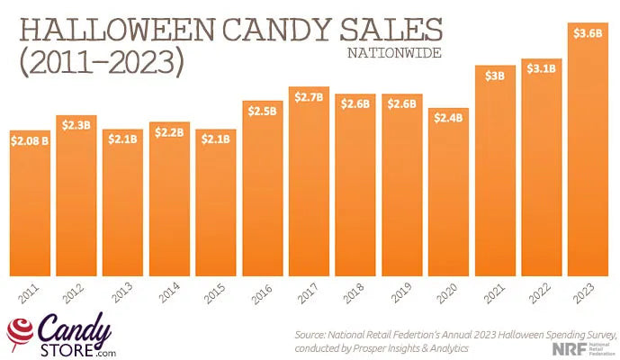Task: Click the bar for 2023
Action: (x=588, y=162)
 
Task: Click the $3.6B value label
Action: (x=588, y=32)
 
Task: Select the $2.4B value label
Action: (x=448, y=117)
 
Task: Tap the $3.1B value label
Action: (x=541, y=68)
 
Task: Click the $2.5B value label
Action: (x=262, y=111)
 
